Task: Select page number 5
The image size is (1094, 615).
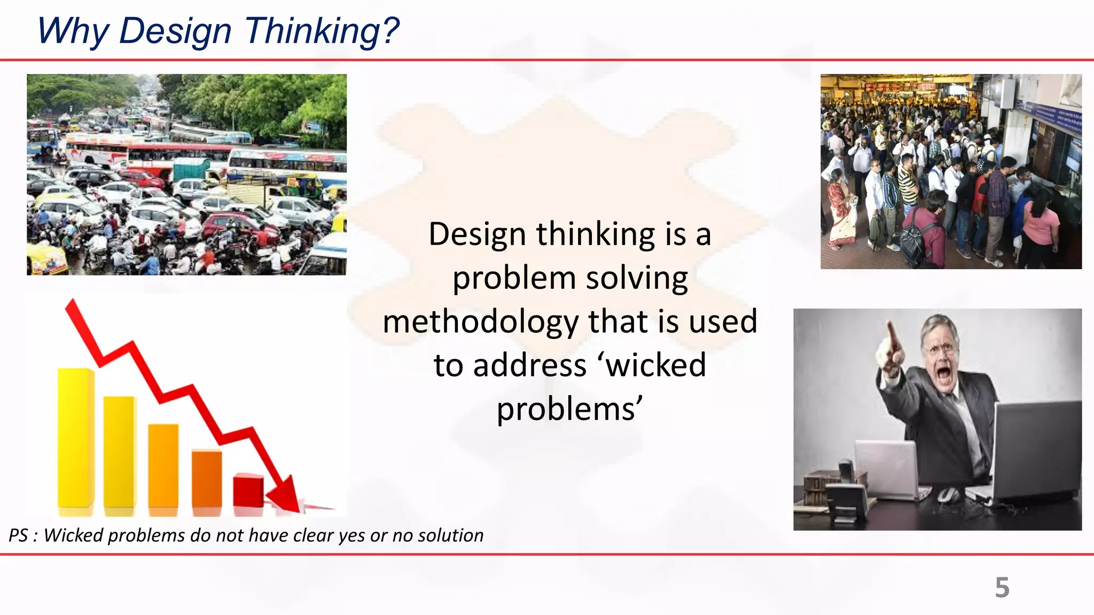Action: (1002, 588)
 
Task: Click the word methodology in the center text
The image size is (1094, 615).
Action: (480, 322)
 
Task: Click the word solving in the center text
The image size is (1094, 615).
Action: (637, 278)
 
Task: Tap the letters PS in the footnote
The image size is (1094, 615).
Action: (18, 535)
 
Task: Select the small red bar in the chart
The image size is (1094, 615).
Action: (248, 490)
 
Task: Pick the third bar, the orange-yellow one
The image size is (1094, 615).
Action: (163, 464)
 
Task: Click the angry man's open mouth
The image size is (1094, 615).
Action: (943, 376)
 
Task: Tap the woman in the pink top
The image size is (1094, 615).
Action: (1040, 224)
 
